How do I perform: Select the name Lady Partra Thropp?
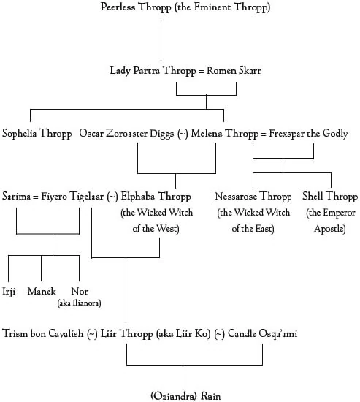146,71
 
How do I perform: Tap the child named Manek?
41,292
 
